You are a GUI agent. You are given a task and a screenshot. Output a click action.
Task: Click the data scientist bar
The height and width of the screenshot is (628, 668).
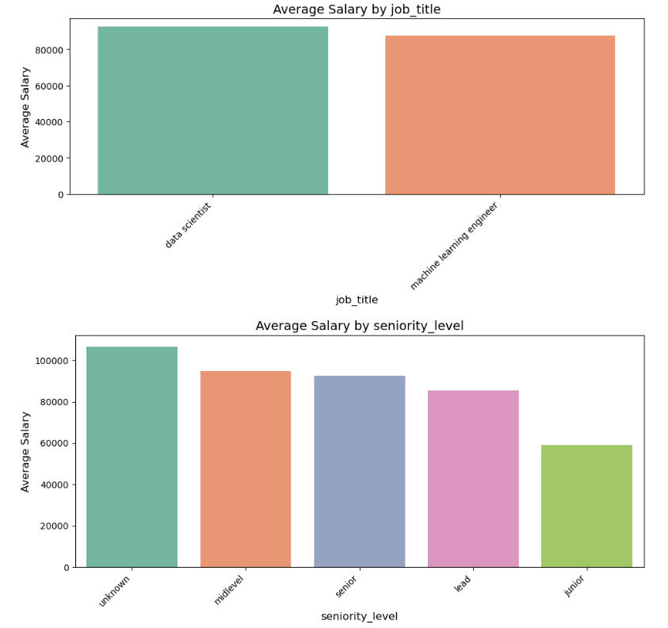point(212,110)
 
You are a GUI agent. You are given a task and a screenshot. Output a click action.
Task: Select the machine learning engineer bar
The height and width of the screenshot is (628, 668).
point(500,115)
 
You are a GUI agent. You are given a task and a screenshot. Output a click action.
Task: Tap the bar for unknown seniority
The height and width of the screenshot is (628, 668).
point(132,457)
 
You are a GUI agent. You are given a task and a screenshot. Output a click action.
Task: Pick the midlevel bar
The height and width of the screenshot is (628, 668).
point(246,469)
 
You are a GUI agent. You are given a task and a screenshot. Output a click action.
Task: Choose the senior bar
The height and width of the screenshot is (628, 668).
point(359,471)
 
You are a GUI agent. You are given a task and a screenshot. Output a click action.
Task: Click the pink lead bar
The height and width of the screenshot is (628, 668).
point(473,478)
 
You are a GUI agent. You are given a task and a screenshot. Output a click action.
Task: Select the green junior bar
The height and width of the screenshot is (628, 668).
point(586,506)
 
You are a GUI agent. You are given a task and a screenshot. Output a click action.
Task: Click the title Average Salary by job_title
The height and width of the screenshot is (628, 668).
point(356,10)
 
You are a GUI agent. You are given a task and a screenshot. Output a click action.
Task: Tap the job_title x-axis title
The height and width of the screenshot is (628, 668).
point(357,300)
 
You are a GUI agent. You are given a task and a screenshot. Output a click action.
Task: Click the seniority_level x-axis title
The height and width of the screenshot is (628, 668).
point(359,616)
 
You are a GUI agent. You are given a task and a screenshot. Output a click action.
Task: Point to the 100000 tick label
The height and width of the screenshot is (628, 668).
point(50,361)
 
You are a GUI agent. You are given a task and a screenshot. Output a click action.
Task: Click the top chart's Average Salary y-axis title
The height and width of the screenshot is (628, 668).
point(25,107)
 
